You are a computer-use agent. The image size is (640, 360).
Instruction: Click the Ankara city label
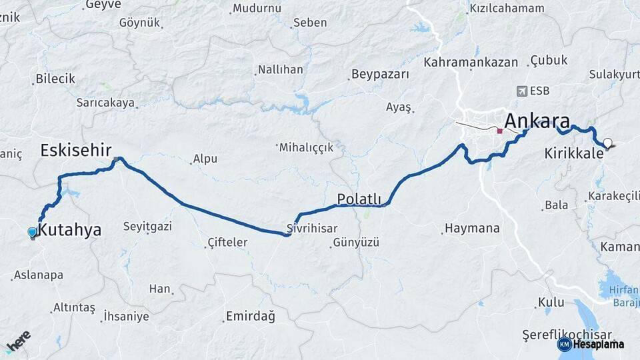[537, 121]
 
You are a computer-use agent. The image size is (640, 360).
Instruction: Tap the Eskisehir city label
[75, 149]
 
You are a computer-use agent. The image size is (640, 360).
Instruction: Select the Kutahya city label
[70, 231]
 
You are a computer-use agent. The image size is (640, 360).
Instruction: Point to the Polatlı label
[359, 199]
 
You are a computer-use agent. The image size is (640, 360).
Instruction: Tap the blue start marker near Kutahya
[32, 231]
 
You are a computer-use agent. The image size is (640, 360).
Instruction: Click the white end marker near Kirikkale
[607, 143]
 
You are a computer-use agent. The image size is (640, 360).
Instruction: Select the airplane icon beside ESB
[521, 91]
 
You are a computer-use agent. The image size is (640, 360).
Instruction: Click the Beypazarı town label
[380, 74]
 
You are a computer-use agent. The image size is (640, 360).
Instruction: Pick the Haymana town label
[472, 229]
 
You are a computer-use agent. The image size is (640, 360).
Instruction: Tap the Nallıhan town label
[280, 69]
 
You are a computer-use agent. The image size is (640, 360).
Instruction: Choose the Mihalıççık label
[306, 147]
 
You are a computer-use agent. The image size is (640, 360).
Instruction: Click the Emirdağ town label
[250, 316]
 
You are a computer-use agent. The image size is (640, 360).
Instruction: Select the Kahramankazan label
[471, 62]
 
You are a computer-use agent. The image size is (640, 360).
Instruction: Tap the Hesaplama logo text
[599, 344]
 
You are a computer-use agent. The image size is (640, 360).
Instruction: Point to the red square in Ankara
[499, 131]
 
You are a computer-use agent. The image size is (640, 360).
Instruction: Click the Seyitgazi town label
[148, 227]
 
